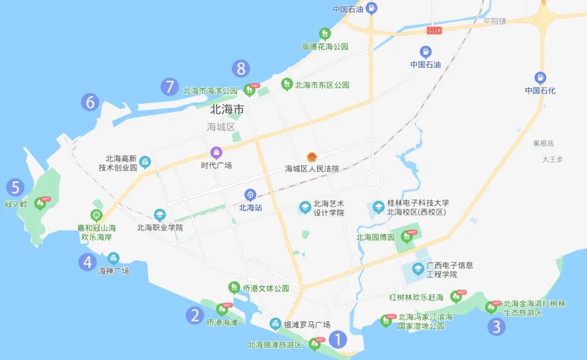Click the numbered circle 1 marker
click(338, 340)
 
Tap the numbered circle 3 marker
click(496, 326)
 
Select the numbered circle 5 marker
click(15, 188)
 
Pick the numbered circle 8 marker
click(241, 69)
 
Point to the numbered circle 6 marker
click(90, 102)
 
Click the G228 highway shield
click(434, 31)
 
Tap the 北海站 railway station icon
click(250, 195)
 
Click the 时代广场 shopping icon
click(216, 152)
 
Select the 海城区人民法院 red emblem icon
click(312, 157)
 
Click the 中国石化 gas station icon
click(540, 77)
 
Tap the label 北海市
click(227, 110)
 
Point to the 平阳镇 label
click(495, 21)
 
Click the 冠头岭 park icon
click(40, 204)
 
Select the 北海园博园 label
click(375, 237)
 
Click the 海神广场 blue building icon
click(113, 258)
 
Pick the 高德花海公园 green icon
click(324, 33)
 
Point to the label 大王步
click(552, 159)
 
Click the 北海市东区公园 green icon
click(286, 84)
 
